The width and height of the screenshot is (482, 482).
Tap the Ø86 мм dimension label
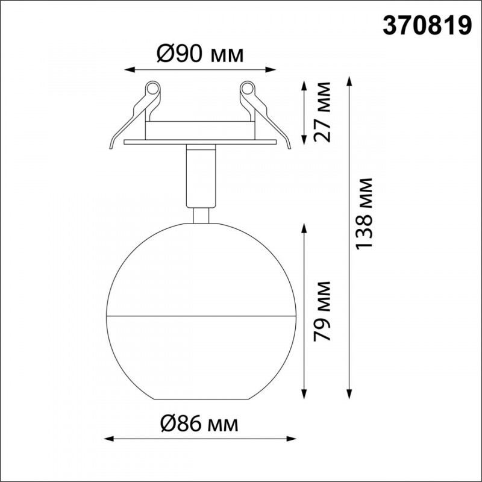[199, 424]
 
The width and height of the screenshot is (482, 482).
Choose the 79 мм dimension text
[324, 311]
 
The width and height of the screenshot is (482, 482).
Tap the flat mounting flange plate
[199, 142]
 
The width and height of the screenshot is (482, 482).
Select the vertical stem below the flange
[199, 175]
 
